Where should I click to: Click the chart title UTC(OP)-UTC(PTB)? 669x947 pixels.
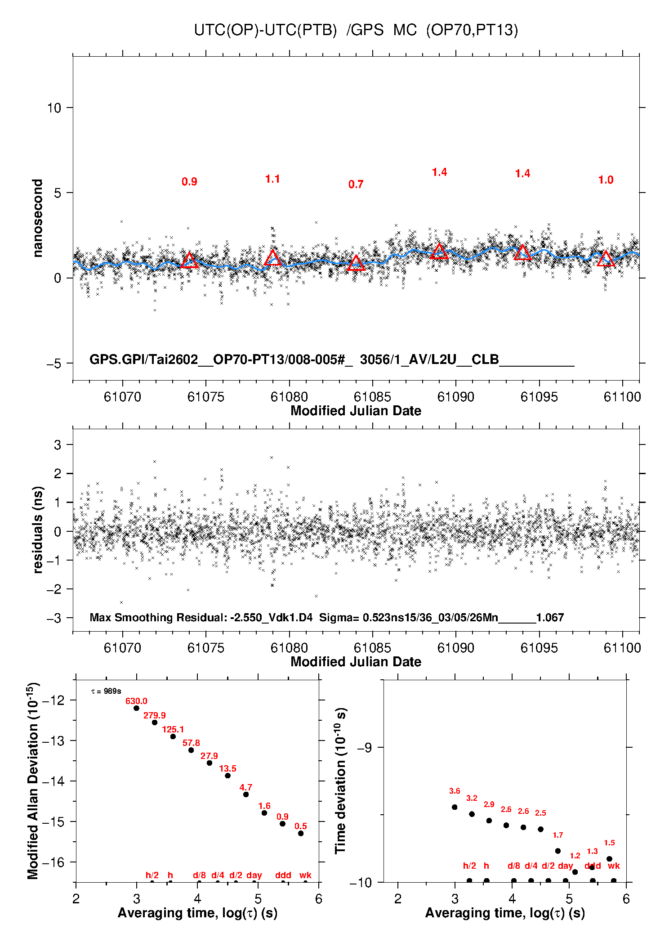[265, 30]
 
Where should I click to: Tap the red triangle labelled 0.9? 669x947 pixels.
[189, 260]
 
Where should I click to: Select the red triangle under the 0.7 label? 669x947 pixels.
[356, 263]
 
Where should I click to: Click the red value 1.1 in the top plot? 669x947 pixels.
[272, 179]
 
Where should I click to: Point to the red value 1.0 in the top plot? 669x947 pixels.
[606, 180]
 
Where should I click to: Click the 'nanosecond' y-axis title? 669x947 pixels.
[38, 218]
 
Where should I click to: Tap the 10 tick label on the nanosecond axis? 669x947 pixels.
[54, 108]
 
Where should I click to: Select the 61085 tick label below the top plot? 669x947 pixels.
[372, 397]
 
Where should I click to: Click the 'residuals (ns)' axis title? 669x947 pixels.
[38, 530]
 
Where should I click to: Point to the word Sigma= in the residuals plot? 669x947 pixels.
[339, 617]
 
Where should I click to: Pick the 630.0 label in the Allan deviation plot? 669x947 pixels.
[136, 701]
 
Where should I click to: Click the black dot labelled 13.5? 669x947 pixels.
[227, 776]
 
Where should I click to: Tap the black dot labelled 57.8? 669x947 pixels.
[191, 750]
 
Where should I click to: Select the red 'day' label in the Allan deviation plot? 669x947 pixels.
[254, 875]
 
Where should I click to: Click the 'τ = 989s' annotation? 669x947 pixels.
[106, 691]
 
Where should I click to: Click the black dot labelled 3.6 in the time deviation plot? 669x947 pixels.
[455, 807]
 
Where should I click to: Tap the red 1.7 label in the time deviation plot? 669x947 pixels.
[557, 835]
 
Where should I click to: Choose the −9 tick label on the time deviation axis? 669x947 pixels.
[364, 747]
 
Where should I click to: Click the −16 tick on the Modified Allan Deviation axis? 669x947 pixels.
[54, 862]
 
